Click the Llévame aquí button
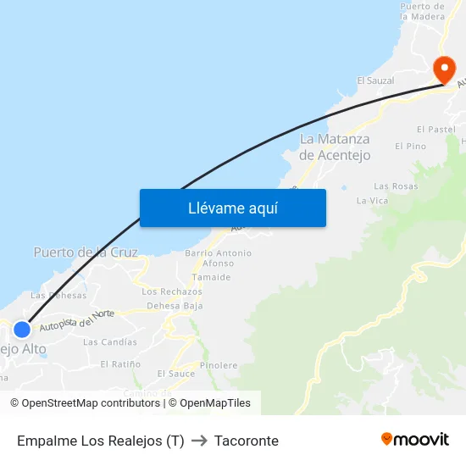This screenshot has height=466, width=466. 232,208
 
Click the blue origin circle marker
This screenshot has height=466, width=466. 22,330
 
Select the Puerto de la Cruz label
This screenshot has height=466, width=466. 86,252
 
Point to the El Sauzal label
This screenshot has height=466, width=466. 375,80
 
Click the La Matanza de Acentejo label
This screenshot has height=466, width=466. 335,147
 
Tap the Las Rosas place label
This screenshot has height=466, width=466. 396,186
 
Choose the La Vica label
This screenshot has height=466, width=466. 372,201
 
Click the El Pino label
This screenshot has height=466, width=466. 410,147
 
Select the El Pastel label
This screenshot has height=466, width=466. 436,130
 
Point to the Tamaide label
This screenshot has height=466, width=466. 211,277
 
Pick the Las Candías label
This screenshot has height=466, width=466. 110,342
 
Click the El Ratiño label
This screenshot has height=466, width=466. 120,363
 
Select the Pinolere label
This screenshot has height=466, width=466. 219,365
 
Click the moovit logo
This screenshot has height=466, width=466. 415,439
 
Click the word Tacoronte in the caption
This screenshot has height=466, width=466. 247,441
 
